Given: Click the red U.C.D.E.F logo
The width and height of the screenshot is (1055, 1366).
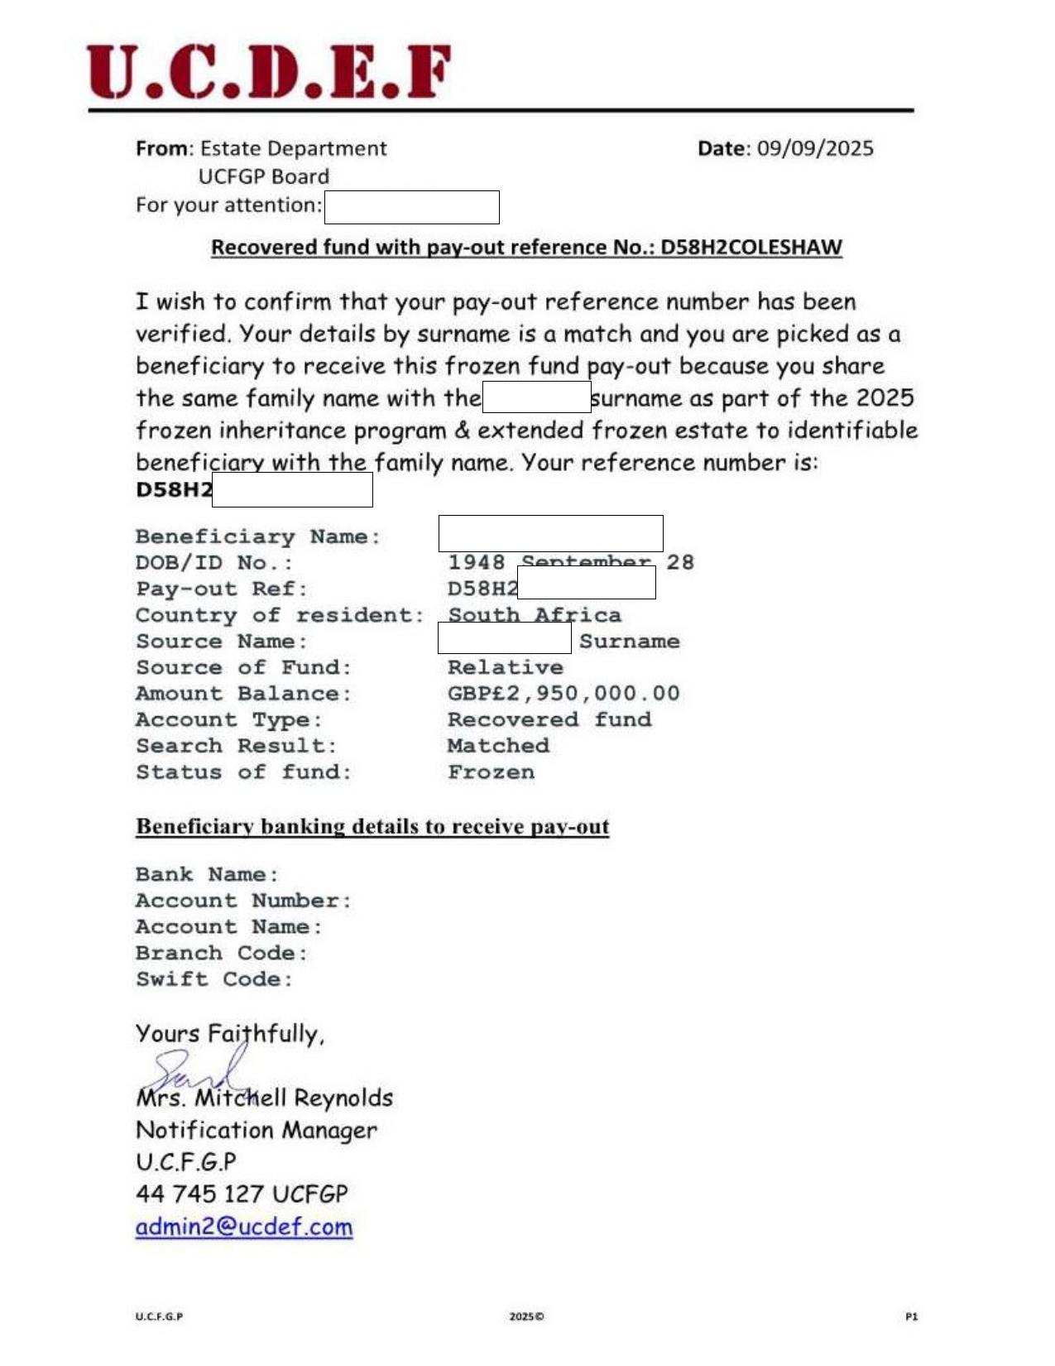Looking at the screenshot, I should click(269, 72).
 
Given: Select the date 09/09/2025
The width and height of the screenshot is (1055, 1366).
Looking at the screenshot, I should click(815, 148).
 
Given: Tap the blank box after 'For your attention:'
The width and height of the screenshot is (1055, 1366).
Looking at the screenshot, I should click(411, 207).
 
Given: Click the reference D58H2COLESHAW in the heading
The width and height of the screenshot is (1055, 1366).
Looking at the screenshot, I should click(750, 248).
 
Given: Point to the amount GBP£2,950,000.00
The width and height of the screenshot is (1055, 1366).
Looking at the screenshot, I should click(563, 693).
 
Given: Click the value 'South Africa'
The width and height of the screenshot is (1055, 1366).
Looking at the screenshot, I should click(535, 615).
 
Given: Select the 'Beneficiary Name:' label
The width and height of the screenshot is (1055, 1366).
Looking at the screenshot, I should click(258, 536).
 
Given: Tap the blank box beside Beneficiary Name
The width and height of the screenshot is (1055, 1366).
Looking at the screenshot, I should click(550, 533).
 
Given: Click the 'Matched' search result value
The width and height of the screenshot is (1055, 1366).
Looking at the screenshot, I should click(498, 745).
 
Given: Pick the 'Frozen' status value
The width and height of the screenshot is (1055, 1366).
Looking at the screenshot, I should click(491, 772).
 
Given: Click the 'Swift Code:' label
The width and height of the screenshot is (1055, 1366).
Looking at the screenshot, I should click(214, 979).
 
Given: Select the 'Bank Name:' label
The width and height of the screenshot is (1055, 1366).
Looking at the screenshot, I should click(207, 874).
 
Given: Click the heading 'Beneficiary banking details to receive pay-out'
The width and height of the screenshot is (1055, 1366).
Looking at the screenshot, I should click(372, 826).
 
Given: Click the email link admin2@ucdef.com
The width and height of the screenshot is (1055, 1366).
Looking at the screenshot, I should click(244, 1226).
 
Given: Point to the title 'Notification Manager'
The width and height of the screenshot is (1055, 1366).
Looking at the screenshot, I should click(257, 1130).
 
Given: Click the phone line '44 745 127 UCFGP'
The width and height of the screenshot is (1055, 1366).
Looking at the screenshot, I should click(242, 1194).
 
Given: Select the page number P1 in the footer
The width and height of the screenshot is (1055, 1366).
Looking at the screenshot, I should click(911, 1316).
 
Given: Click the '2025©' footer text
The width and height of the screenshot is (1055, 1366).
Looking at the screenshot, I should click(526, 1316).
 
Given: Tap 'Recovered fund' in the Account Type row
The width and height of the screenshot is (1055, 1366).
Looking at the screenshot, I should click(549, 719).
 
